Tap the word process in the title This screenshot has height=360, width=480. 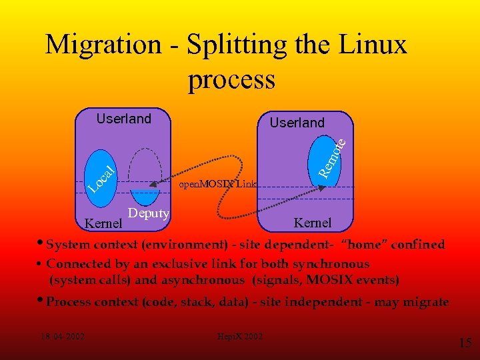(231, 79)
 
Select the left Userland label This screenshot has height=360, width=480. (124, 119)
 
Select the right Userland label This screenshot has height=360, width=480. (297, 123)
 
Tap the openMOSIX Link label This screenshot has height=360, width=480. (217, 184)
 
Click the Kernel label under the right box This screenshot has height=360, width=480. (313, 222)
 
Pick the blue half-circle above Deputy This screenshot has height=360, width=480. (144, 197)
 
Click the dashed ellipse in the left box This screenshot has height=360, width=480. (144, 167)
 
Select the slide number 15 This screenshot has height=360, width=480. (465, 343)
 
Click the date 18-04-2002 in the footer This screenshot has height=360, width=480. (62, 336)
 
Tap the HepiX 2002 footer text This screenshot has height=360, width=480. (241, 336)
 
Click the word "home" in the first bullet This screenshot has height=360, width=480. (364, 245)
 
